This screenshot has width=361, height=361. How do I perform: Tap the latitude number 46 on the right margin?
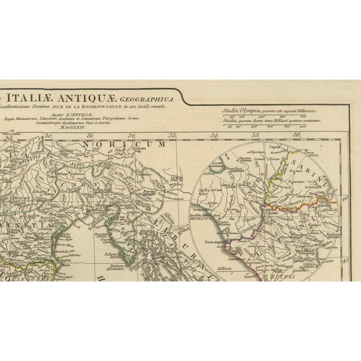[x=345, y=198]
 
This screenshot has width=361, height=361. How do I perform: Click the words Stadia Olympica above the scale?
[x=239, y=111]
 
